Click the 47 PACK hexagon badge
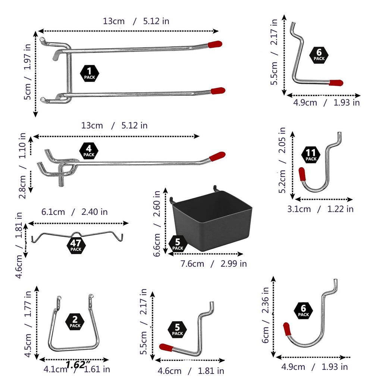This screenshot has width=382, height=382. click(x=76, y=245)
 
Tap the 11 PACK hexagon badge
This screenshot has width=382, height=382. click(x=311, y=155)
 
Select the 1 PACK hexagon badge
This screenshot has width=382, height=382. click(x=90, y=73)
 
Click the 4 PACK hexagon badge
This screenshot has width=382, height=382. click(x=89, y=151)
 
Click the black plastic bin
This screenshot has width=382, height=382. click(x=212, y=219)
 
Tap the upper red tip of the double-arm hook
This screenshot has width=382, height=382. click(x=215, y=44)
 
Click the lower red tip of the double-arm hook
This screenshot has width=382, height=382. click(x=218, y=91)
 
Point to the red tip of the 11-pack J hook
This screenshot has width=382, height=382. click(x=302, y=174)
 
